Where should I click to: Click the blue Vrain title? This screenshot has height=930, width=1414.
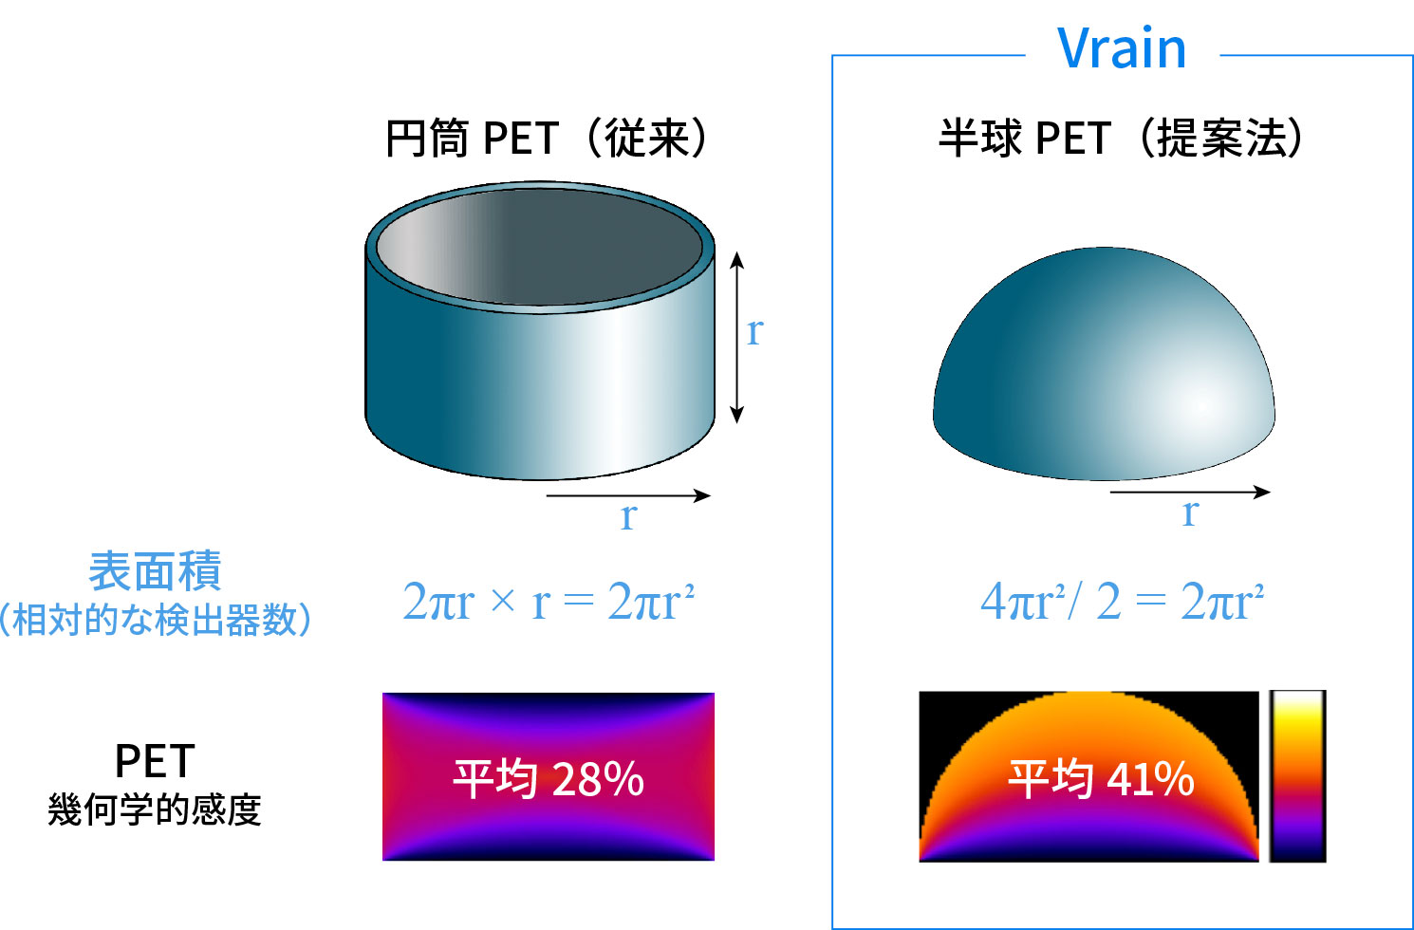(x=1122, y=48)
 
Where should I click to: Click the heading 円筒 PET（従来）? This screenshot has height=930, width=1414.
(x=547, y=139)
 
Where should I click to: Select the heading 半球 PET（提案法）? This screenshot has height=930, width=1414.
(x=1120, y=139)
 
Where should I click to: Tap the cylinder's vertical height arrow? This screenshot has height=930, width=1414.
(x=736, y=337)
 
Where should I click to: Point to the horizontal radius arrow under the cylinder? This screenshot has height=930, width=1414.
(x=628, y=495)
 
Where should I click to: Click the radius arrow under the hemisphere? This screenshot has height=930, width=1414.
(x=1189, y=492)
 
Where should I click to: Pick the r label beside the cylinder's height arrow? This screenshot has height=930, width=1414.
(x=754, y=331)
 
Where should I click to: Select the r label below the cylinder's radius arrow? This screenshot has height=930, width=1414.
(x=628, y=517)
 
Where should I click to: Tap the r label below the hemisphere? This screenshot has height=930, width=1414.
(x=1190, y=513)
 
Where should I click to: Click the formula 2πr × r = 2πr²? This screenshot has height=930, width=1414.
(x=549, y=602)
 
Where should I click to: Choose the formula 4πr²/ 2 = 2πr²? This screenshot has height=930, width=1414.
(x=1122, y=602)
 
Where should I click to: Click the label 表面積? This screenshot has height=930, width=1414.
(x=155, y=571)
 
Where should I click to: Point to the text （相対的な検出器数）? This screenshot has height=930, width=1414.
(x=155, y=621)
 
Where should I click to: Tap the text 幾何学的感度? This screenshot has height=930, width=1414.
(x=155, y=810)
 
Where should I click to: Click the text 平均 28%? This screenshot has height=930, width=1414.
(x=549, y=779)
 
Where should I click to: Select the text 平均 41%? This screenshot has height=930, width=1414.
(x=1101, y=779)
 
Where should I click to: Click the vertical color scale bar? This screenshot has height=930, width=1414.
(x=1297, y=776)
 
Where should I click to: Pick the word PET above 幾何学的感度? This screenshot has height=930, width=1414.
(x=155, y=761)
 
